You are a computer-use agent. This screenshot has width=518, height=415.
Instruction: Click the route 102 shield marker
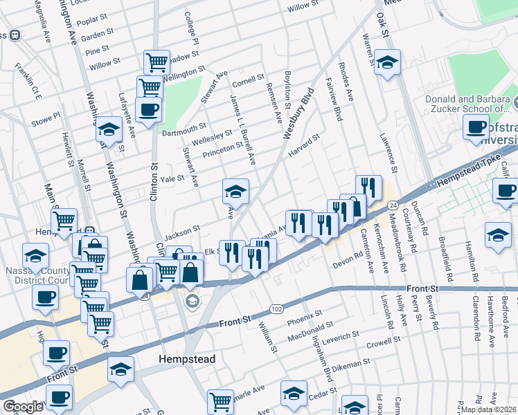(276, 308)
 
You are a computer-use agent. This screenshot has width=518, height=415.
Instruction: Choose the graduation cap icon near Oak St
(387, 62)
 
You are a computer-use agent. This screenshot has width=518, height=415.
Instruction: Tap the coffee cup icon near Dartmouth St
(148, 109)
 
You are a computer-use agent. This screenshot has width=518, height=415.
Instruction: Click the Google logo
(23, 407)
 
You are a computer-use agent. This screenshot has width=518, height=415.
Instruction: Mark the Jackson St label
(181, 228)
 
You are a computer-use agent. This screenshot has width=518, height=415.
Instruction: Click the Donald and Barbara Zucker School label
(467, 104)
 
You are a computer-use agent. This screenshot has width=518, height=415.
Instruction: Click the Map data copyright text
(488, 409)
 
